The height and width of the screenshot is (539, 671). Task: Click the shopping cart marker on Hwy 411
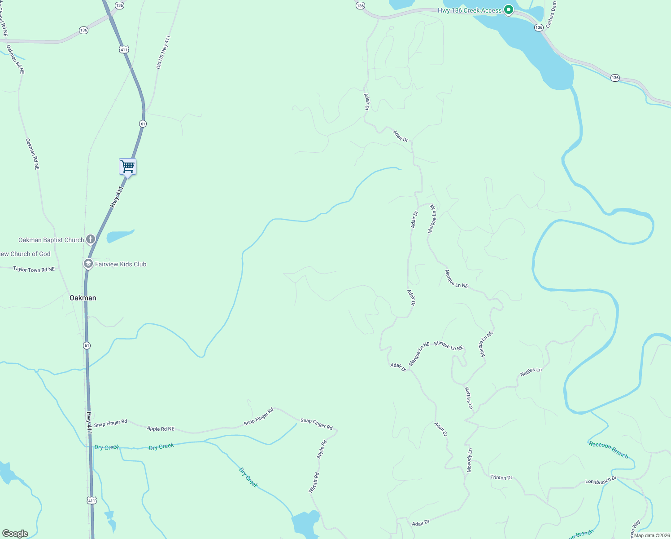tap(128, 167)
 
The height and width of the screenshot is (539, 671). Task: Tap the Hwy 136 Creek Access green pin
tap(508, 9)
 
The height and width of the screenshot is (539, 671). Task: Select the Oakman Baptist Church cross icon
tap(91, 239)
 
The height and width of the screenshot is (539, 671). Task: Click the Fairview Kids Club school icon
tap(88, 264)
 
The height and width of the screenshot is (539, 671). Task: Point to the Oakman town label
tap(83, 298)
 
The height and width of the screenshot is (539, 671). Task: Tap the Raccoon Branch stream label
tap(608, 449)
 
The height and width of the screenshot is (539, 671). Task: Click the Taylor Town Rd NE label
tap(34, 269)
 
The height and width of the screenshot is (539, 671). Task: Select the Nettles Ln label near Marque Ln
tap(531, 372)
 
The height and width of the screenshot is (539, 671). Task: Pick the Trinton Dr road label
tap(501, 477)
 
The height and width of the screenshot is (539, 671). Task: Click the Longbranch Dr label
tap(601, 481)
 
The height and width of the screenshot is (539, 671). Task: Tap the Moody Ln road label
tap(470, 460)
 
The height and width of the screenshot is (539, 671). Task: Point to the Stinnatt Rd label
tap(314, 483)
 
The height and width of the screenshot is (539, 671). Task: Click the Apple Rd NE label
tap(161, 429)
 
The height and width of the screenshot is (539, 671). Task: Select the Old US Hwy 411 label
tap(163, 52)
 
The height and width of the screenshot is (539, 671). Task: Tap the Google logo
tap(15, 534)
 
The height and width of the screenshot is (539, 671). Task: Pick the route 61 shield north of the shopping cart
tap(143, 124)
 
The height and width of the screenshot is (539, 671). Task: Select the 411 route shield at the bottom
tap(91, 500)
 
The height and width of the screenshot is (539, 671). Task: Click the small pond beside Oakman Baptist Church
tap(120, 236)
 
